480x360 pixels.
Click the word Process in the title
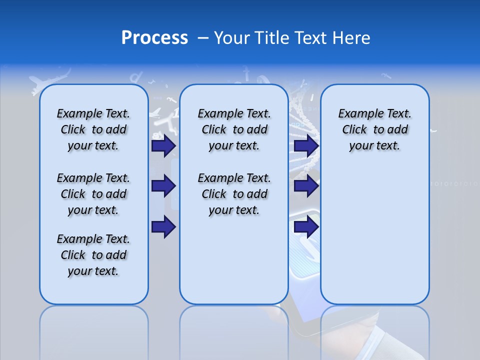(x=154, y=38)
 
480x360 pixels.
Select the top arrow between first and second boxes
(x=163, y=145)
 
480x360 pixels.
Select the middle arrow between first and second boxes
(x=163, y=186)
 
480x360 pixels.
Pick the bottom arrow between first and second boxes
(x=163, y=227)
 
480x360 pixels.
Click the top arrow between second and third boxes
(x=306, y=145)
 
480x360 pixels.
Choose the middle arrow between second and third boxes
(x=306, y=186)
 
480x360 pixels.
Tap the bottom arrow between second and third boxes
(x=306, y=227)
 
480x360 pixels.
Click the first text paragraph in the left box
(x=93, y=129)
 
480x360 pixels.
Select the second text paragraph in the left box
(x=93, y=194)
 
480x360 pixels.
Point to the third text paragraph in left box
(x=93, y=255)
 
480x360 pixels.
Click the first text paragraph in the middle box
(x=234, y=129)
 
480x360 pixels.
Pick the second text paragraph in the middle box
(x=234, y=194)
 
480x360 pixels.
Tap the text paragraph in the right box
(x=374, y=129)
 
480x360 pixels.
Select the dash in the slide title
(x=203, y=38)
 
